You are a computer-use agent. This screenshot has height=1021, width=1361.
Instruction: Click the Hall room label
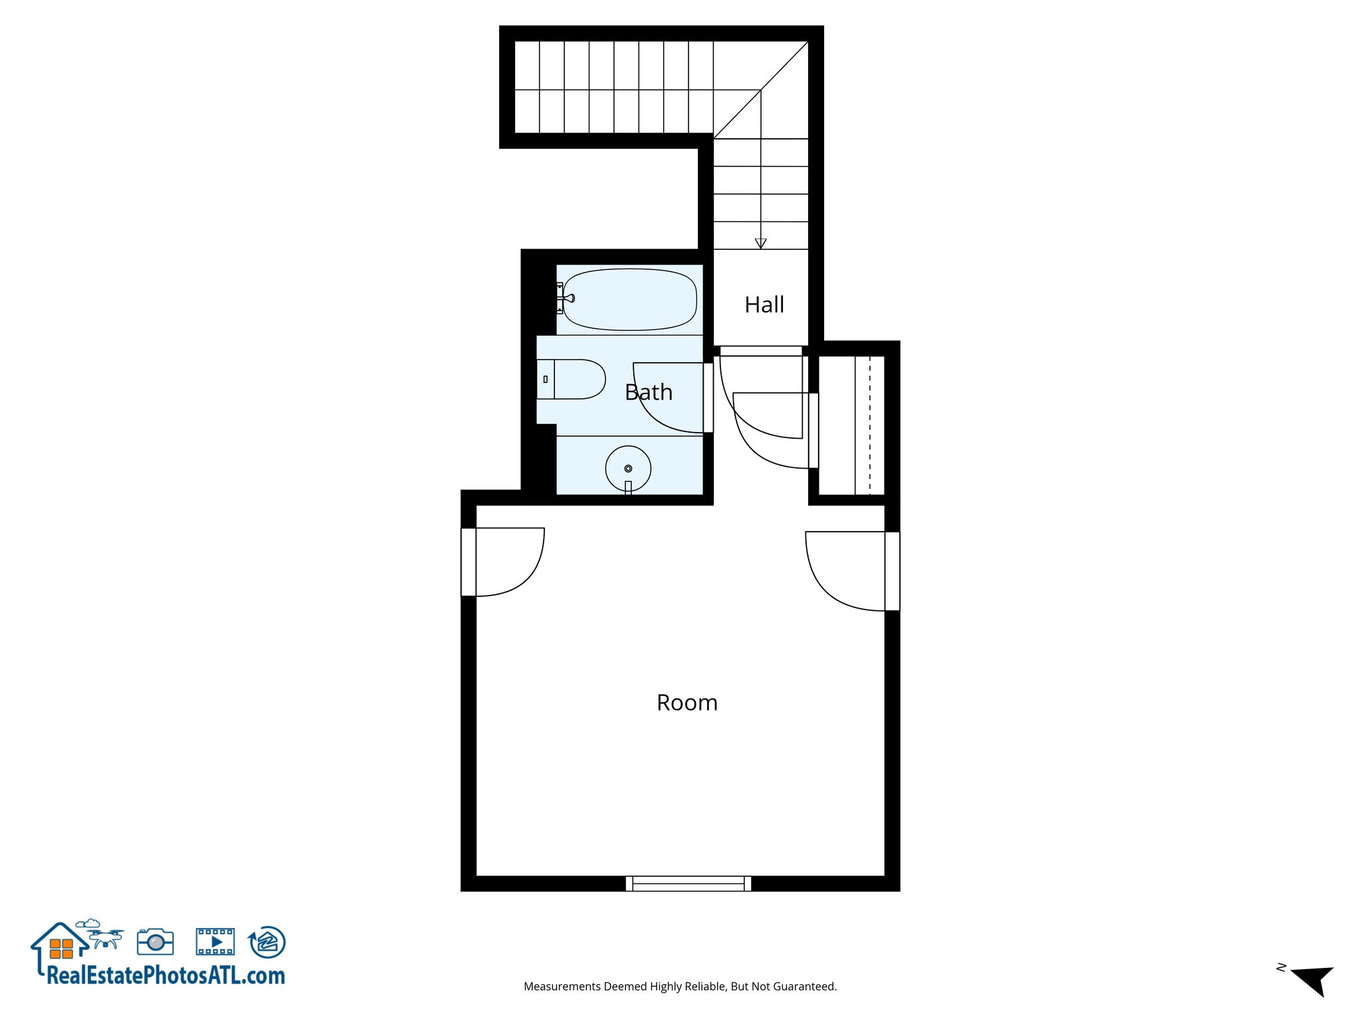[764, 305]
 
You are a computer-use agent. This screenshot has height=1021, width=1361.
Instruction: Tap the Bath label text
[649, 392]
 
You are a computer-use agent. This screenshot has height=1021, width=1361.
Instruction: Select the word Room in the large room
[687, 703]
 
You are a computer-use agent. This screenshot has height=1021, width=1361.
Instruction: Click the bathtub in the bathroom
[630, 299]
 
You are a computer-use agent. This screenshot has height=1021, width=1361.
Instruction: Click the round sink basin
[628, 469]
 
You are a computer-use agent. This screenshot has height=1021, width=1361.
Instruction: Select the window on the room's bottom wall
[688, 883]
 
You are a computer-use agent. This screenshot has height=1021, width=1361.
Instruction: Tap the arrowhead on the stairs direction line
[761, 243]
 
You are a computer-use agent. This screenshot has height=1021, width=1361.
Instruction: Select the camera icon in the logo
[156, 942]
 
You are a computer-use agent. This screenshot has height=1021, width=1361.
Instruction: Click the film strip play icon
[215, 942]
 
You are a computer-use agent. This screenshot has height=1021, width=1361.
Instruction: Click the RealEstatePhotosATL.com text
[165, 976]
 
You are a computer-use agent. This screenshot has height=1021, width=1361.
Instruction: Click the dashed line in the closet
[870, 425]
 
